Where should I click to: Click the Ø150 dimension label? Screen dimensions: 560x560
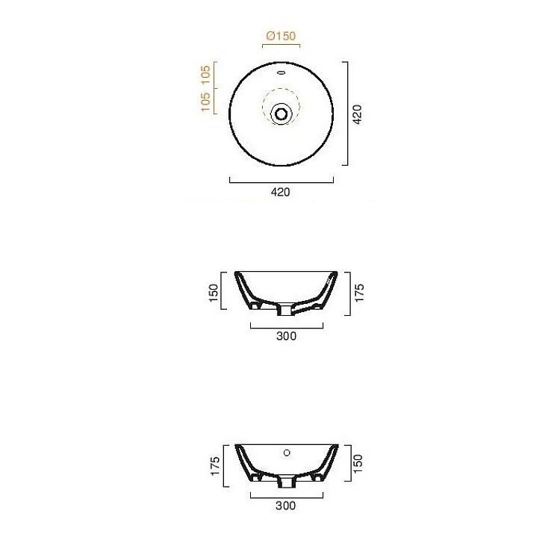point(281,36)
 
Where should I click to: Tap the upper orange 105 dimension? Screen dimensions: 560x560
point(206,75)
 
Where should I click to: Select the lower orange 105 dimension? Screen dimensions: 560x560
point(206,102)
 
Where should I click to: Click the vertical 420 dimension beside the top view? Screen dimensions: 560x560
point(357,114)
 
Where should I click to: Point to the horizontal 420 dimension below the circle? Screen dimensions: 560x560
point(280,192)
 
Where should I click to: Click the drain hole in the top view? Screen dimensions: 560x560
point(281,114)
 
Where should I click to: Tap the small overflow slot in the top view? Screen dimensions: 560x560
point(281,73)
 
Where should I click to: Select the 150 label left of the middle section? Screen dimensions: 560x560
point(214,293)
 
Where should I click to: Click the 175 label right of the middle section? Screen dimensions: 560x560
point(359,293)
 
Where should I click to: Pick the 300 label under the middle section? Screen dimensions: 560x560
point(287,336)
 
